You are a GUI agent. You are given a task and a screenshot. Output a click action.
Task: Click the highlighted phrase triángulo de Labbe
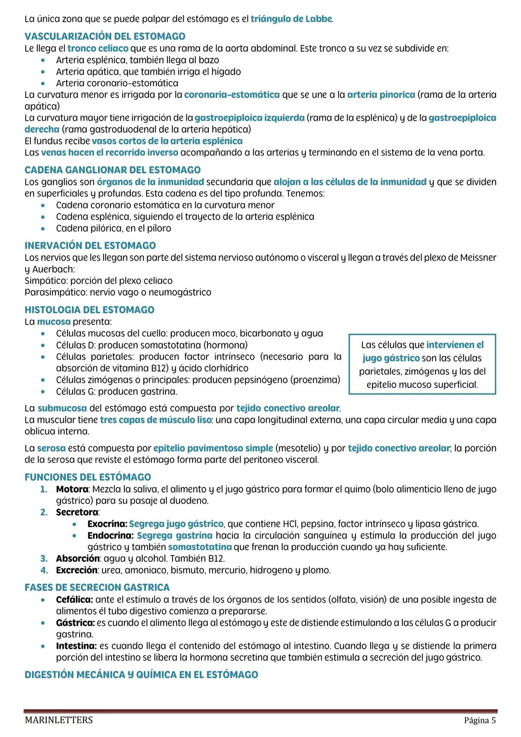[x=291, y=19]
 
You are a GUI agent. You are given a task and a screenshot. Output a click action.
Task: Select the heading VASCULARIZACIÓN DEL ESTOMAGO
[x=105, y=36]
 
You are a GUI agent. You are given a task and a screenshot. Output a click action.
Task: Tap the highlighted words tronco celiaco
[x=98, y=48]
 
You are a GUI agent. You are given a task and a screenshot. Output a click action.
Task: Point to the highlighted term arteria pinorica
[x=381, y=95]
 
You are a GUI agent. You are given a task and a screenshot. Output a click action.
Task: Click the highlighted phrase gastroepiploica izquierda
[x=249, y=118]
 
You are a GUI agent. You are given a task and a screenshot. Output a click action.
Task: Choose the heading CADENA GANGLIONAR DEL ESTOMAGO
[x=112, y=170]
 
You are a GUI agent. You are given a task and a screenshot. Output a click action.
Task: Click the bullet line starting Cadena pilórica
[x=113, y=228]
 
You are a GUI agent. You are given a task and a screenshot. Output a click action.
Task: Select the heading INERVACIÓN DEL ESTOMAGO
[x=90, y=245]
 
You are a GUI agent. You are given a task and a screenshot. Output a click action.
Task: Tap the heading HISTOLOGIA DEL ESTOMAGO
[x=89, y=310]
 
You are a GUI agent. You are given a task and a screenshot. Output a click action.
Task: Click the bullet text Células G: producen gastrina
[x=116, y=391]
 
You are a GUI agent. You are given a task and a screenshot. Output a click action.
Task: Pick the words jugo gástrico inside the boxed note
[x=391, y=358]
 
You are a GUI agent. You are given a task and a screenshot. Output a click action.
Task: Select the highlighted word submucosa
[x=62, y=408]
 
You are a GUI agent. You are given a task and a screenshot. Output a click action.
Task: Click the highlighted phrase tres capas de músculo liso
[x=155, y=420]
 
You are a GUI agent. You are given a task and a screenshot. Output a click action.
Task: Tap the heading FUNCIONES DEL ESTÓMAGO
[x=88, y=477]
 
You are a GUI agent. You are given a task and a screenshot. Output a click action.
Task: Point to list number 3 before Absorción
[x=44, y=558]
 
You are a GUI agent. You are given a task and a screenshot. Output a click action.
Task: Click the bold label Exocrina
[x=107, y=524]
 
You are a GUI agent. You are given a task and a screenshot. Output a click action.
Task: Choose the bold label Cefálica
[x=74, y=599]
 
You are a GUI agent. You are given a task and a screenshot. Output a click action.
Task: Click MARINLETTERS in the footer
[x=59, y=721]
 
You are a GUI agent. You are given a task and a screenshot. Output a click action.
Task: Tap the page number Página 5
[x=480, y=721]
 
